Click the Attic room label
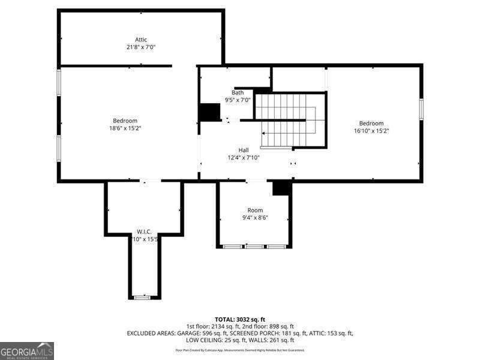pyautogui.click(x=141, y=40)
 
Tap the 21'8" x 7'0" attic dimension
pyautogui.click(x=141, y=47)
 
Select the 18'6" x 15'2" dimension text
pyautogui.click(x=125, y=128)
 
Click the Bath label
pyautogui.click(x=238, y=92)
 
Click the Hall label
pyautogui.click(x=243, y=150)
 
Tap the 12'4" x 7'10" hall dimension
pyautogui.click(x=243, y=157)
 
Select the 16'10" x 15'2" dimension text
pyautogui.click(x=371, y=131)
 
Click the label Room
pyautogui.click(x=255, y=210)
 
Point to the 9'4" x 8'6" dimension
pyautogui.click(x=255, y=217)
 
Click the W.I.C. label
pyautogui.click(x=143, y=232)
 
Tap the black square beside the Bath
pyautogui.click(x=209, y=112)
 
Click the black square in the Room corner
pyautogui.click(x=281, y=188)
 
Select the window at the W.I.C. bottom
pyautogui.click(x=143, y=297)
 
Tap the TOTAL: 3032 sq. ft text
pyautogui.click(x=239, y=319)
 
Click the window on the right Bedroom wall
pyautogui.click(x=421, y=108)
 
